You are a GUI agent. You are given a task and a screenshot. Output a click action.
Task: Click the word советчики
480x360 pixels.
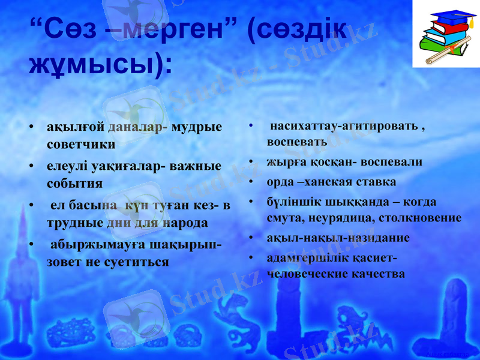(x=81, y=145)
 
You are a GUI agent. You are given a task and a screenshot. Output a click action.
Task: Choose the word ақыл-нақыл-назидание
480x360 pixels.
(x=338, y=238)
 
